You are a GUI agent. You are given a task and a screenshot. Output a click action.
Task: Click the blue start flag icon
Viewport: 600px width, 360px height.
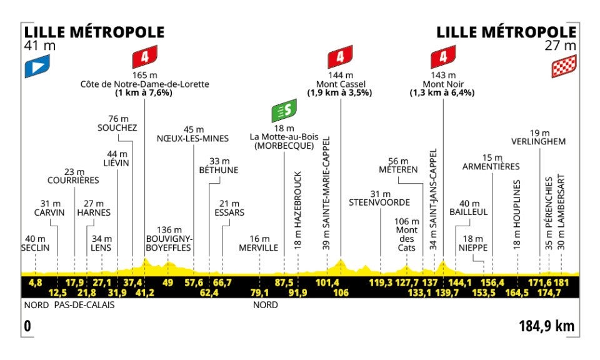pyautogui.click(x=36, y=67)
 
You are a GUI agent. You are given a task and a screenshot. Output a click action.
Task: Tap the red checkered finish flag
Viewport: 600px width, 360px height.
pyautogui.click(x=563, y=67)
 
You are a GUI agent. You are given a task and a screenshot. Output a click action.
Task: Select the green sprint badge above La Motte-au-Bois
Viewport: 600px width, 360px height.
pyautogui.click(x=284, y=111)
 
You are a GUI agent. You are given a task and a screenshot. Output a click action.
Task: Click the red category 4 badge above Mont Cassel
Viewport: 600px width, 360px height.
pyautogui.click(x=340, y=58)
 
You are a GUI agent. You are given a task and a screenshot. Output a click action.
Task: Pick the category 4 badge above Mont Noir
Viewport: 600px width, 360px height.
pyautogui.click(x=442, y=58)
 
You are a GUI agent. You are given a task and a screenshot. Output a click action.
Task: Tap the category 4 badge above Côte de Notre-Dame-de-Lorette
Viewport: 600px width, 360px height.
pyautogui.click(x=144, y=58)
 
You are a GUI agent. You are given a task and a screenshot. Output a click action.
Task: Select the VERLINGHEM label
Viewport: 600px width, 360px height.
pyautogui.click(x=538, y=141)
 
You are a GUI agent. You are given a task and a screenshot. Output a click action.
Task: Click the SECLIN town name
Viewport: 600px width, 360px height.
pyautogui.click(x=36, y=248)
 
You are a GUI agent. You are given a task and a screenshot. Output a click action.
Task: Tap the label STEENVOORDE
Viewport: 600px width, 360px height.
pyautogui.click(x=380, y=202)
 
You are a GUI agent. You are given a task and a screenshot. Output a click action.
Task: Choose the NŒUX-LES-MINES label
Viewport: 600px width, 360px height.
pyautogui.click(x=193, y=139)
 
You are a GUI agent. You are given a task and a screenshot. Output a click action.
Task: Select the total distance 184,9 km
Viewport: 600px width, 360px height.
pyautogui.click(x=546, y=326)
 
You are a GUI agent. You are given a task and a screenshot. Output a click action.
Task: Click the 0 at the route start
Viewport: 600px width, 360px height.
pyautogui.click(x=26, y=326)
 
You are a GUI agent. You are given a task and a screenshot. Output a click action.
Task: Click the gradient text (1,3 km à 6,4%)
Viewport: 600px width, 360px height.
pyautogui.click(x=442, y=93)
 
